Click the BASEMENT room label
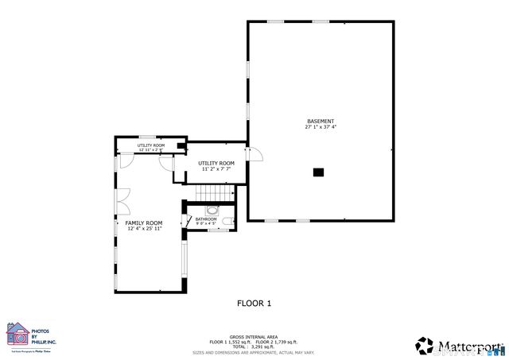pos(320,121)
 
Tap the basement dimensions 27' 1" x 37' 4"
pos(320,127)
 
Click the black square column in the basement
pos(319,171)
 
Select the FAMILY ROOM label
pos(144,223)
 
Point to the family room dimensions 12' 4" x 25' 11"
pos(144,229)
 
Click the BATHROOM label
pos(206,219)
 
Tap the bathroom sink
pos(212,211)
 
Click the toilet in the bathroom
pos(227,221)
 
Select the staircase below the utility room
pos(212,193)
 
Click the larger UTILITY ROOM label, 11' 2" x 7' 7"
pos(216,163)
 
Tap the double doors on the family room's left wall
pos(122,200)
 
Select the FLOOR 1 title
pos(254,303)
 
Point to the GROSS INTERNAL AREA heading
pos(254,337)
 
